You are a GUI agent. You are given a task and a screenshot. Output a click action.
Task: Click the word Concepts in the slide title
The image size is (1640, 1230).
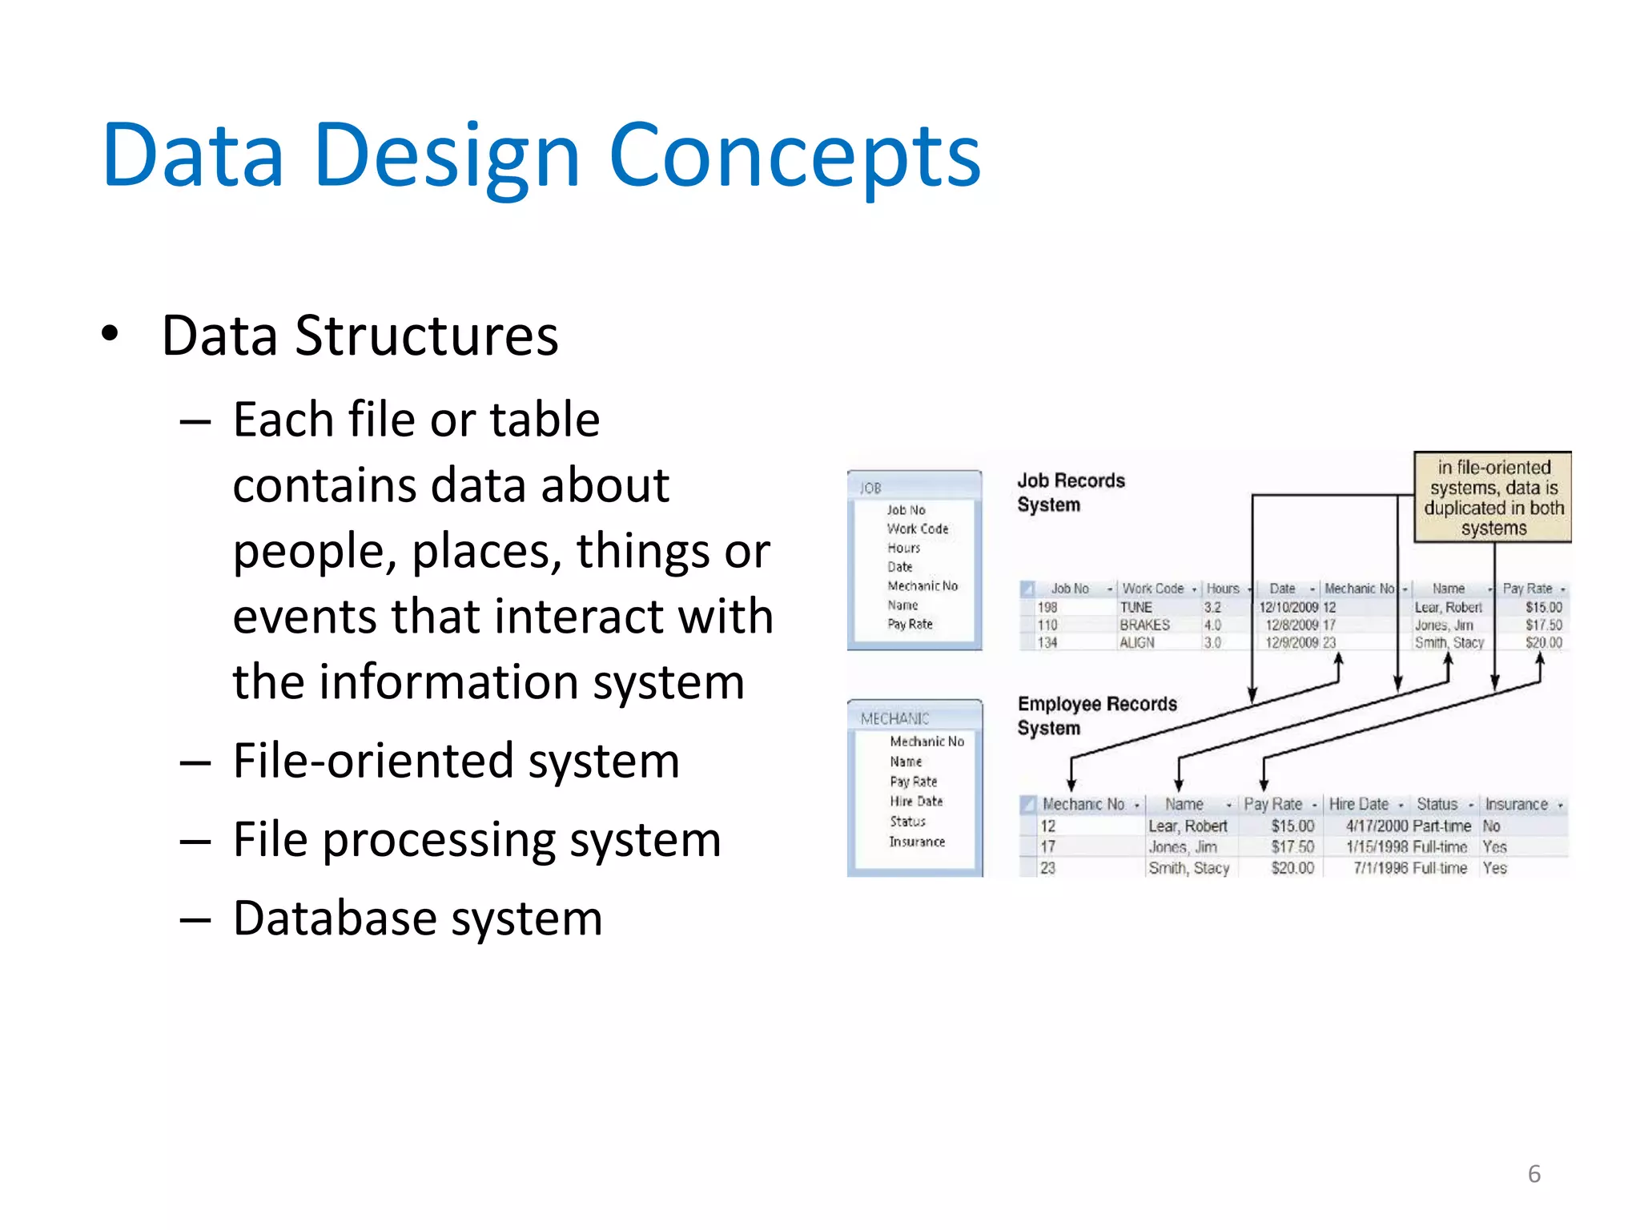click(x=794, y=156)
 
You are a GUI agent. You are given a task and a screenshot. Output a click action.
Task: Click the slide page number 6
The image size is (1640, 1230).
click(x=1533, y=1174)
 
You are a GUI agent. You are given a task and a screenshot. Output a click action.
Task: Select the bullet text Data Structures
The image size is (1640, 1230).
click(x=360, y=336)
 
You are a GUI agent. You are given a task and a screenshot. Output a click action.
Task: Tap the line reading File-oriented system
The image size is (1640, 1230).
click(x=456, y=761)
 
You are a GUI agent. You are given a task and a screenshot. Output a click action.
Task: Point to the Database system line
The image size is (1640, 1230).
click(x=417, y=918)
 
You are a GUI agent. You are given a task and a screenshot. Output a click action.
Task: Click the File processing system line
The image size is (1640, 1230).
click(x=476, y=840)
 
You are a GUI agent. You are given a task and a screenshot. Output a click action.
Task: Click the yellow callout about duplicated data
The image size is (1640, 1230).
click(x=1493, y=497)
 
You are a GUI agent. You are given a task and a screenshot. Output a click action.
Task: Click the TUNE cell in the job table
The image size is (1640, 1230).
click(x=1136, y=608)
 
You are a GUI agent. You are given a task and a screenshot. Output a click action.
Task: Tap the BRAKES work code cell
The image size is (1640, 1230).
click(x=1144, y=625)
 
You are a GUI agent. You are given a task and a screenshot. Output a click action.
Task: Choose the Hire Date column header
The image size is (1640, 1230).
click(x=1359, y=804)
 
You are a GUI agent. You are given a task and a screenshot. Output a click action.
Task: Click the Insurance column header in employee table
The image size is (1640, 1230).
click(x=1516, y=804)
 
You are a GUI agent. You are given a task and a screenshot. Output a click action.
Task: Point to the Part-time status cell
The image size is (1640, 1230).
click(x=1442, y=826)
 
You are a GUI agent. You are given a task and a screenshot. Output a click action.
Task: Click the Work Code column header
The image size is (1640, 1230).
click(x=1152, y=589)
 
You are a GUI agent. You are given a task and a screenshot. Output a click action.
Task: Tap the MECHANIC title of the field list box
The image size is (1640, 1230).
click(x=894, y=718)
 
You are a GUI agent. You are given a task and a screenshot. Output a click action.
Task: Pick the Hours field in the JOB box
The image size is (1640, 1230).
click(x=903, y=548)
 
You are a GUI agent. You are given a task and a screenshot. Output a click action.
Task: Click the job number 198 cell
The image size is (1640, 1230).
click(x=1047, y=608)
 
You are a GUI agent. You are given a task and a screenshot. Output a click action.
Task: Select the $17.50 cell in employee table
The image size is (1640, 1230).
click(x=1292, y=846)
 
